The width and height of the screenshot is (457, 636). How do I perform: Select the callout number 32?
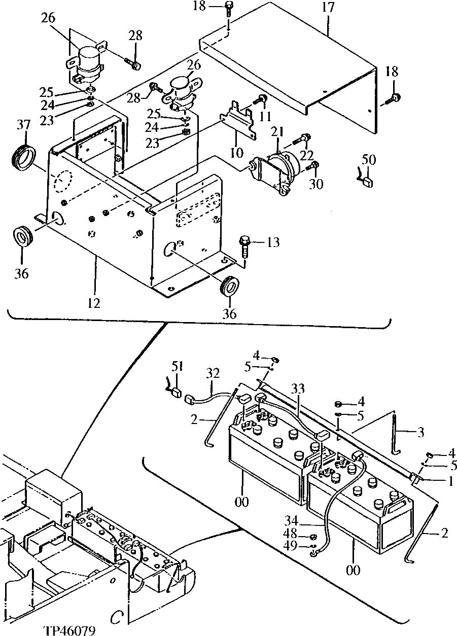[213, 374]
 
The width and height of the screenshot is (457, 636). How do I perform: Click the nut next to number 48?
[314, 536]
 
